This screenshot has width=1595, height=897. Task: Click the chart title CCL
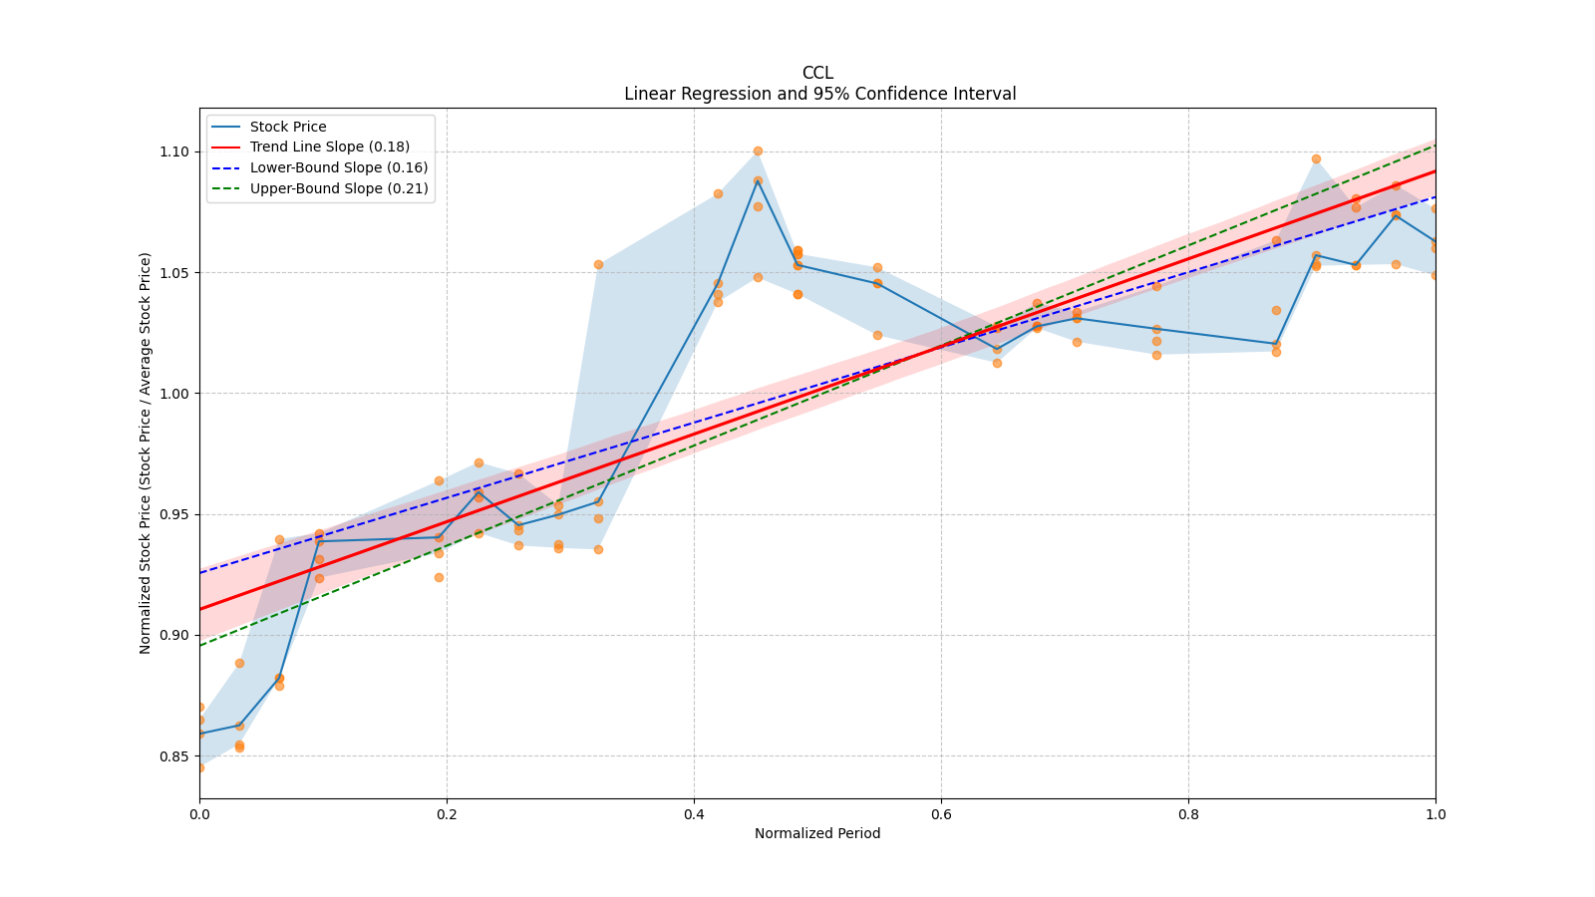(817, 73)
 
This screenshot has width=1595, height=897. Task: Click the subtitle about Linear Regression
(819, 94)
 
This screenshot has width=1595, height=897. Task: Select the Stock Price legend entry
(288, 127)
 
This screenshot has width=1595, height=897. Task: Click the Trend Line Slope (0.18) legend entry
(329, 147)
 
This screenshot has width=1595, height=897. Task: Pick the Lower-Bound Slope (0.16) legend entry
(338, 167)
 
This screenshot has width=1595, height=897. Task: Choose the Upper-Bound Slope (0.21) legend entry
(339, 188)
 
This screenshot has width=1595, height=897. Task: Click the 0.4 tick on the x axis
(694, 814)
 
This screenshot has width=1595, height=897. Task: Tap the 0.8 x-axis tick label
(1188, 814)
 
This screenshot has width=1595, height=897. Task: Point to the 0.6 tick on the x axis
(941, 814)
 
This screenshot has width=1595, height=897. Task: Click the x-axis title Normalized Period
(817, 833)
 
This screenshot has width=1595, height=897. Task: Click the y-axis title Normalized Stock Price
(146, 452)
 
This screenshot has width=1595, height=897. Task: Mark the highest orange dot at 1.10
(758, 151)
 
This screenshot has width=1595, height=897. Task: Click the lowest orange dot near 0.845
(200, 767)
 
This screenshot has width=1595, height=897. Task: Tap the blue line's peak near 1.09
(758, 180)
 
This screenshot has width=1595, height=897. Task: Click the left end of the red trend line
(201, 608)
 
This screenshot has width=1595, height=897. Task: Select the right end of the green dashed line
(1434, 146)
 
